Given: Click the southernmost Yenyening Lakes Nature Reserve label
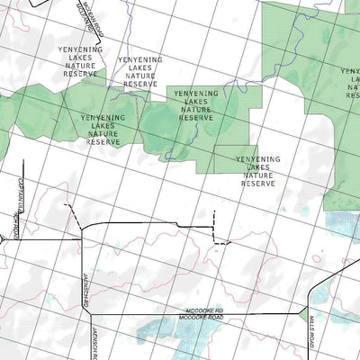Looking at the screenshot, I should pos(257,170).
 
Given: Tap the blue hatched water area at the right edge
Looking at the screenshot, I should pos(343,224).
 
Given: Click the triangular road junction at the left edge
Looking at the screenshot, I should pos(13,238).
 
